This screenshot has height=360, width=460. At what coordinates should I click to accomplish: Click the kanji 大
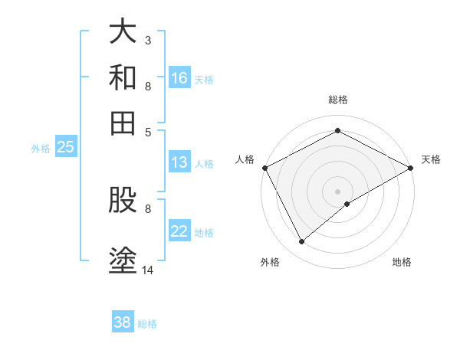[x=123, y=32]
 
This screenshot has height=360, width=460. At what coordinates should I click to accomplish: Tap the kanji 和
[x=123, y=77]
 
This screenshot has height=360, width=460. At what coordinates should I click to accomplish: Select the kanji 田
[x=123, y=123]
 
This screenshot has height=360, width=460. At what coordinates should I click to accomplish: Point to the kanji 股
[x=123, y=203]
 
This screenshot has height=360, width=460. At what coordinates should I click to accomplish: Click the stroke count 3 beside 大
[x=147, y=40]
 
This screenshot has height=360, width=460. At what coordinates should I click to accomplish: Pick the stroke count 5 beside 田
[x=147, y=131]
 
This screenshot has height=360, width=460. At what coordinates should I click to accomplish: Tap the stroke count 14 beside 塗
[x=148, y=270]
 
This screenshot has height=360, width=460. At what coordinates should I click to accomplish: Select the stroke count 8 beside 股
[x=147, y=208]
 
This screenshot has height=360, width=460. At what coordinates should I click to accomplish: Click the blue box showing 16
[x=179, y=78]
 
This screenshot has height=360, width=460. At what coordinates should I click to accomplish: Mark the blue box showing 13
[x=179, y=162]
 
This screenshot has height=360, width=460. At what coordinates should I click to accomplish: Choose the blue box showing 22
[x=179, y=232]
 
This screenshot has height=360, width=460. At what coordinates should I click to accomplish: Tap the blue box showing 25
[x=65, y=148]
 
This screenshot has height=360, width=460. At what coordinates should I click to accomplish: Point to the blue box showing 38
[x=122, y=322]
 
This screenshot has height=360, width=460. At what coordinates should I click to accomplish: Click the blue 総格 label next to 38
[x=147, y=324]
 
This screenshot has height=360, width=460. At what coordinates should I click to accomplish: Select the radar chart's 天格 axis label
[x=431, y=159]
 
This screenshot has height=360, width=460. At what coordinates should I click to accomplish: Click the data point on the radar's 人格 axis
[x=264, y=168]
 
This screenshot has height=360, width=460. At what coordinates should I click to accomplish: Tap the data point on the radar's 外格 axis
[x=302, y=241]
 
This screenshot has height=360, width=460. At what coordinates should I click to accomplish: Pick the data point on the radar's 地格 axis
[x=347, y=204]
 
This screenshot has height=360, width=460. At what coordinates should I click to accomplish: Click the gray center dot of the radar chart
[x=337, y=191]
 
